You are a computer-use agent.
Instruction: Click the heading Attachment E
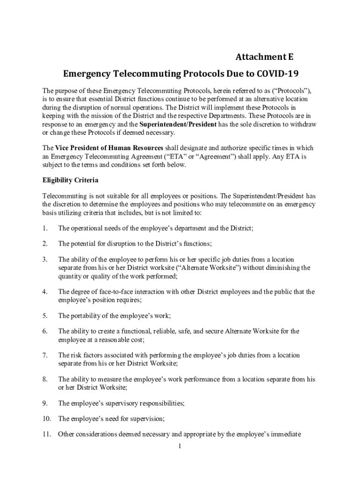click(265, 58)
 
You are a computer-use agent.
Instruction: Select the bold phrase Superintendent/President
click(179, 124)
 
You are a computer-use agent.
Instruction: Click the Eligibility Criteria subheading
click(70, 180)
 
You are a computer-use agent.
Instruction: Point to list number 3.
click(45, 259)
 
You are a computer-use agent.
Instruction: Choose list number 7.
click(45, 356)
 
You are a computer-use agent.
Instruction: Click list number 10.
click(46, 419)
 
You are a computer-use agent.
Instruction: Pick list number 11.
click(46, 435)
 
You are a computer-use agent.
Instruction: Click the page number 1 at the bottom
click(179, 446)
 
